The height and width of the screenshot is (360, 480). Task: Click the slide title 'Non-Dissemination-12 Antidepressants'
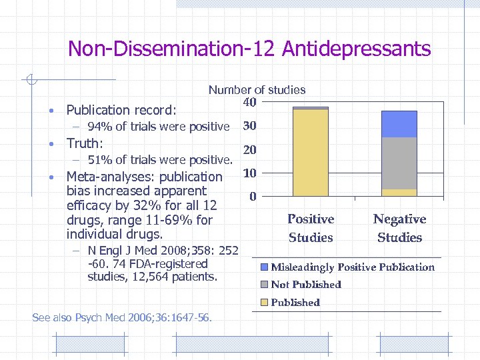[x=249, y=49]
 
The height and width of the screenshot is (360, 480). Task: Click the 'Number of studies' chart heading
[x=257, y=89]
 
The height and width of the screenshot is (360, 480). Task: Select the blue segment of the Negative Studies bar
[x=399, y=124]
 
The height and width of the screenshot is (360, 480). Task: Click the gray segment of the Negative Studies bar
[x=399, y=163]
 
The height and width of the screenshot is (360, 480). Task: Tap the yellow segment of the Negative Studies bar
[x=399, y=193]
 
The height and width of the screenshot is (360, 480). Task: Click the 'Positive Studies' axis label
[x=311, y=228]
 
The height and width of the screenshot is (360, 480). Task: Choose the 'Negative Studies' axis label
[x=399, y=228]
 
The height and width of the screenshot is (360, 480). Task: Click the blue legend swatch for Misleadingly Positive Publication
[x=264, y=267]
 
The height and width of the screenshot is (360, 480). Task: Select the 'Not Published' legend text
[x=306, y=285]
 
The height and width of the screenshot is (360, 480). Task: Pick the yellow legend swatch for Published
[x=264, y=303]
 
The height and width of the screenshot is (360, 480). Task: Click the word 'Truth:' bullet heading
[x=85, y=143]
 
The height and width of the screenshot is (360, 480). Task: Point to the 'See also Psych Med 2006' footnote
[x=122, y=318]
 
